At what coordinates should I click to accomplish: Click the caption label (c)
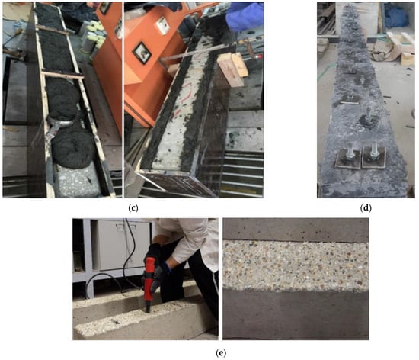coord(133,207)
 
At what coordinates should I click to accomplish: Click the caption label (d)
coord(366,207)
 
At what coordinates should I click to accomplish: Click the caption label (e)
coord(221,353)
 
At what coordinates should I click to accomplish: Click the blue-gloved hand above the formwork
coord(244,15)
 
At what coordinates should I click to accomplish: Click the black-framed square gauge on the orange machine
coord(142,53)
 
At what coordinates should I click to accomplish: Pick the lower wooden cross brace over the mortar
coord(62,75)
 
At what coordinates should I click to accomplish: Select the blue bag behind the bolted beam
coord(395,14)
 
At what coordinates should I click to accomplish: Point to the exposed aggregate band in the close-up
coord(296,265)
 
